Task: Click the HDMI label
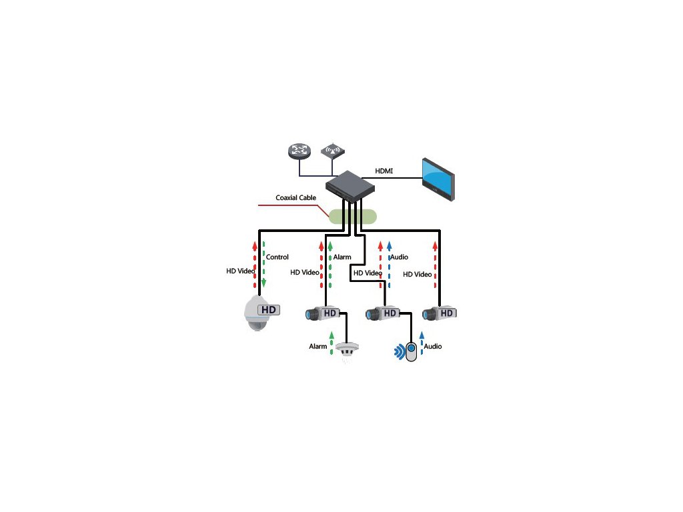384,171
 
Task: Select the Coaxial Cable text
295,197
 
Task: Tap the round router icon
300,151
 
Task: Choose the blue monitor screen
438,178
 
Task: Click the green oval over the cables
352,215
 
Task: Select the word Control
277,257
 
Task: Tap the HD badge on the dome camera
268,310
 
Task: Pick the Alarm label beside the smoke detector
317,347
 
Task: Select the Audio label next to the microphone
433,347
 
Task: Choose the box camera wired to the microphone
382,313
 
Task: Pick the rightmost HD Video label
418,274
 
